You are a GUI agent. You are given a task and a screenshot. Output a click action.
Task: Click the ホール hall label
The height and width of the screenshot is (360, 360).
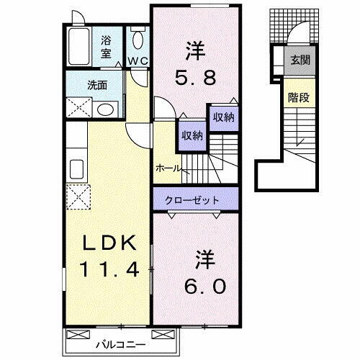tap(168, 167)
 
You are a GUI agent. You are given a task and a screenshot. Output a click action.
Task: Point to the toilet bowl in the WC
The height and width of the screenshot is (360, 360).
tap(138, 38)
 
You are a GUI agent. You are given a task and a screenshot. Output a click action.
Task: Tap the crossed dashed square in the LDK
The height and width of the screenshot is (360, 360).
tap(76, 195)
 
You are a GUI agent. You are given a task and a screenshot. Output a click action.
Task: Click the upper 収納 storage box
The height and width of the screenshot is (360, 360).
tap(222, 117)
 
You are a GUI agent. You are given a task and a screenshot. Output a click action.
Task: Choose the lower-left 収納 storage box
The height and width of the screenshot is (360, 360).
tap(192, 134)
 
